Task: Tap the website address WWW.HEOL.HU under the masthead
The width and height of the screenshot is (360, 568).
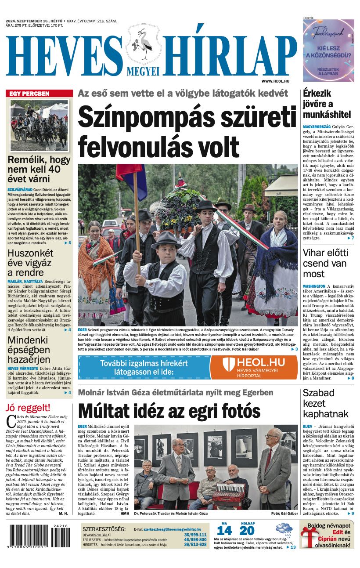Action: (275, 81)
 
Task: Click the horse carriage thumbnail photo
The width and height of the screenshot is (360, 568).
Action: (40, 126)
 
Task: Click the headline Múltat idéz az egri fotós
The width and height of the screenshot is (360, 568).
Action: (169, 411)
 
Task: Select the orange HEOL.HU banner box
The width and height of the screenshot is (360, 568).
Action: (253, 367)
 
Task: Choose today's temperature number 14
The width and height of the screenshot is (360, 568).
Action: (224, 530)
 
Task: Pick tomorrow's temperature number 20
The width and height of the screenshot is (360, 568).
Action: (247, 530)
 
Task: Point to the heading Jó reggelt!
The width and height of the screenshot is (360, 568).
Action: (28, 407)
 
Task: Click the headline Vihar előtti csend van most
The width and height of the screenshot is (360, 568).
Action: (325, 263)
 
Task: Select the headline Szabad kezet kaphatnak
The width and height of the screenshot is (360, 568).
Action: (325, 403)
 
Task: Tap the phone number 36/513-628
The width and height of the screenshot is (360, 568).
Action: (195, 545)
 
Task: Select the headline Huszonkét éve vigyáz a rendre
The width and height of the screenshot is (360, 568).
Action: (30, 263)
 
